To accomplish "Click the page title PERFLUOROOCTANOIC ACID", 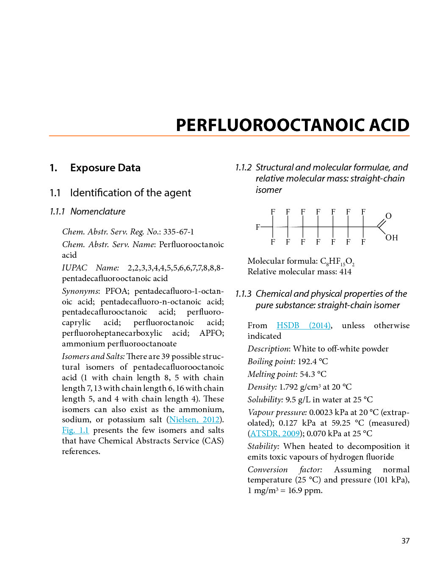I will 293,125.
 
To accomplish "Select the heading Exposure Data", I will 105,168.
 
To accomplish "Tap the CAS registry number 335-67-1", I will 178,232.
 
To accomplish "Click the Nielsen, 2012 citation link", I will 194,420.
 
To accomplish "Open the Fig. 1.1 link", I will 75,430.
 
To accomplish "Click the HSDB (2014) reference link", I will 303,326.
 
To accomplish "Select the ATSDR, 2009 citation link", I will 275,434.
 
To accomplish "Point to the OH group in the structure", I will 392,238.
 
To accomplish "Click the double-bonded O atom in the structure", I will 388,216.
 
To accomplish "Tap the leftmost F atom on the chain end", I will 258,227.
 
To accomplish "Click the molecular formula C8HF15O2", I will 337,262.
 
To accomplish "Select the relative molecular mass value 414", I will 345,272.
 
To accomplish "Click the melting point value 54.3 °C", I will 313,374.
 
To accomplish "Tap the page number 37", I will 405,541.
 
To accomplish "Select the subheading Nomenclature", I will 98,212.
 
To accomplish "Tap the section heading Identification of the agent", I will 130,193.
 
